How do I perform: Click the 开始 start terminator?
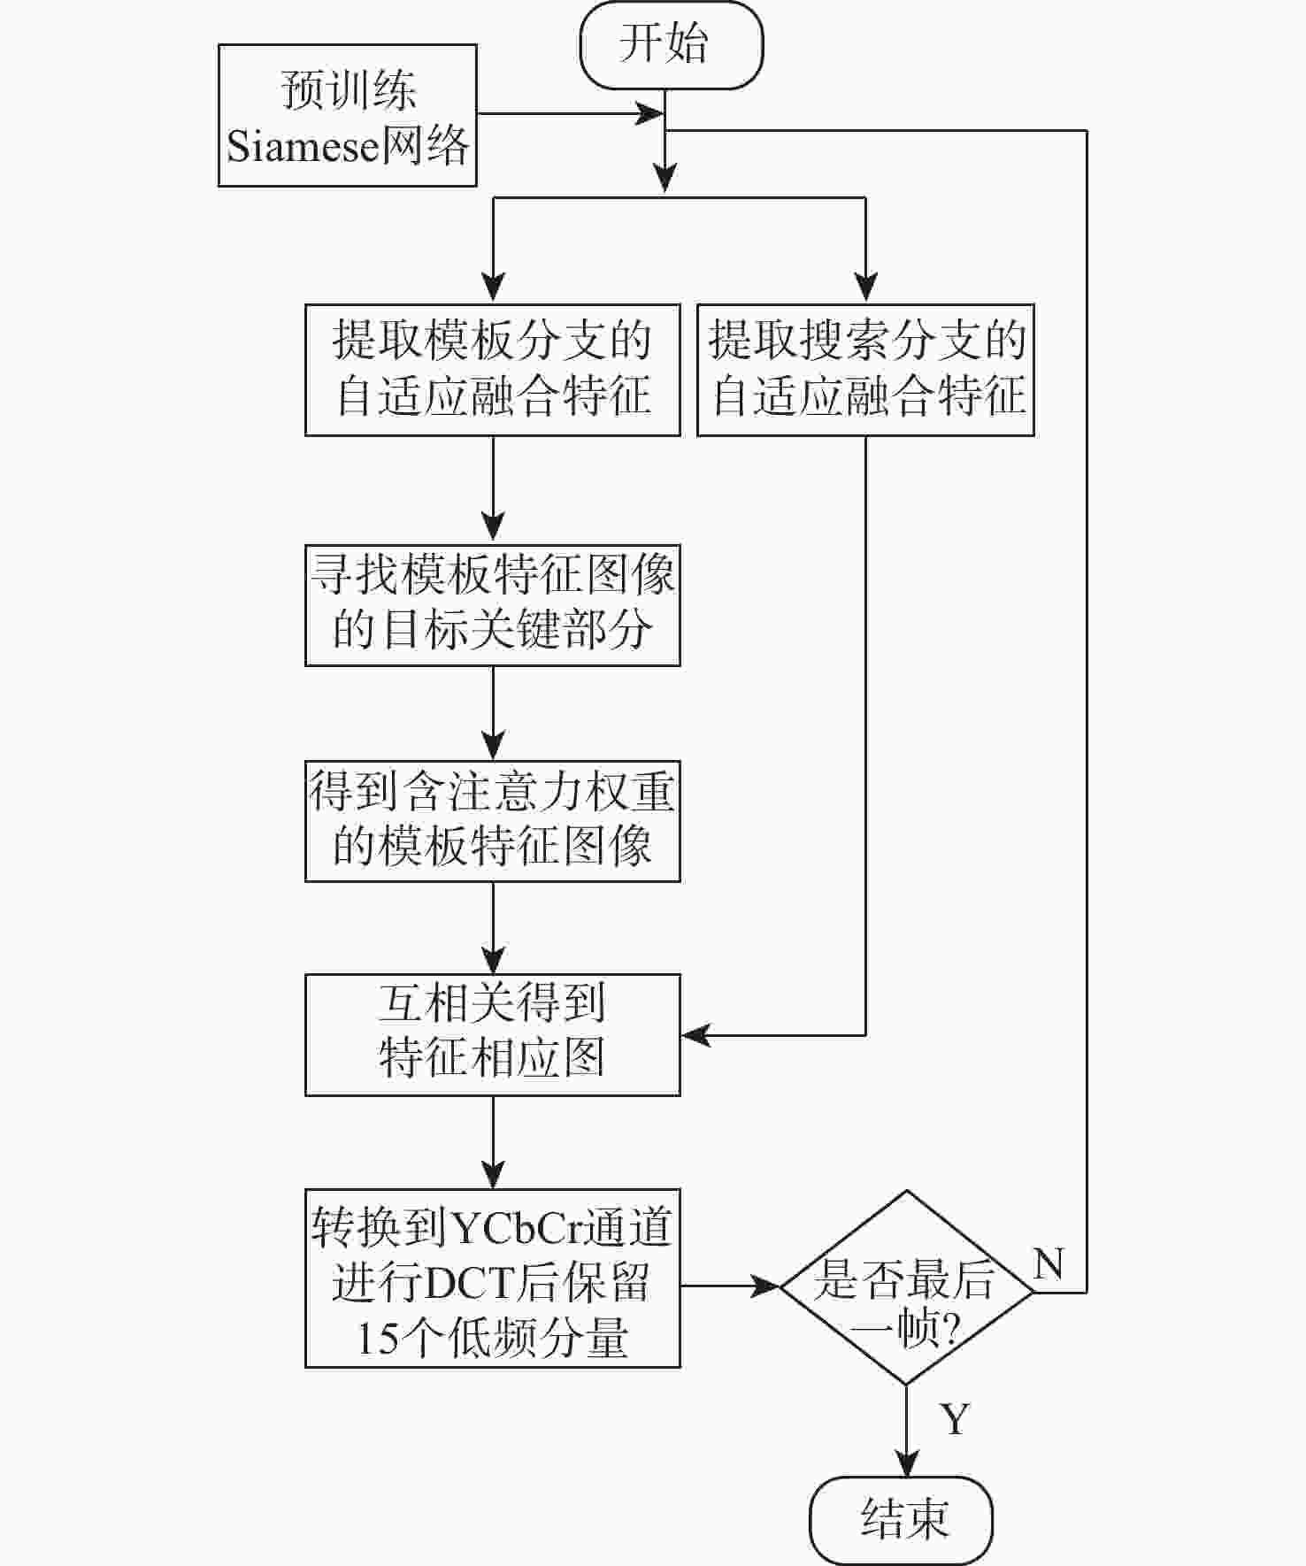pyautogui.click(x=671, y=45)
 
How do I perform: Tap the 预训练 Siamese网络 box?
pyautogui.click(x=348, y=115)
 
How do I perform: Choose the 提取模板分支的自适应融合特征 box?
pyautogui.click(x=492, y=370)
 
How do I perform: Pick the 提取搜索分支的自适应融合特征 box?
pyautogui.click(x=865, y=370)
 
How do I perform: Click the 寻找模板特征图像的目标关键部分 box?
pyautogui.click(x=492, y=605)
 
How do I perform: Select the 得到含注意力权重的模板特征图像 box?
pyautogui.click(x=492, y=821)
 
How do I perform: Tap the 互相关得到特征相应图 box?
pyautogui.click(x=492, y=1034)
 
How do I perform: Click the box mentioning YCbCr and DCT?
pyautogui.click(x=492, y=1278)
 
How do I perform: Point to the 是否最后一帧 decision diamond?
pyautogui.click(x=906, y=1287)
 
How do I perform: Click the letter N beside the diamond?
pyautogui.click(x=1049, y=1263)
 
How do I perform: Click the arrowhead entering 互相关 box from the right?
pyautogui.click(x=695, y=1034)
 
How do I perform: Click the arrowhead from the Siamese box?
pyautogui.click(x=652, y=113)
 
